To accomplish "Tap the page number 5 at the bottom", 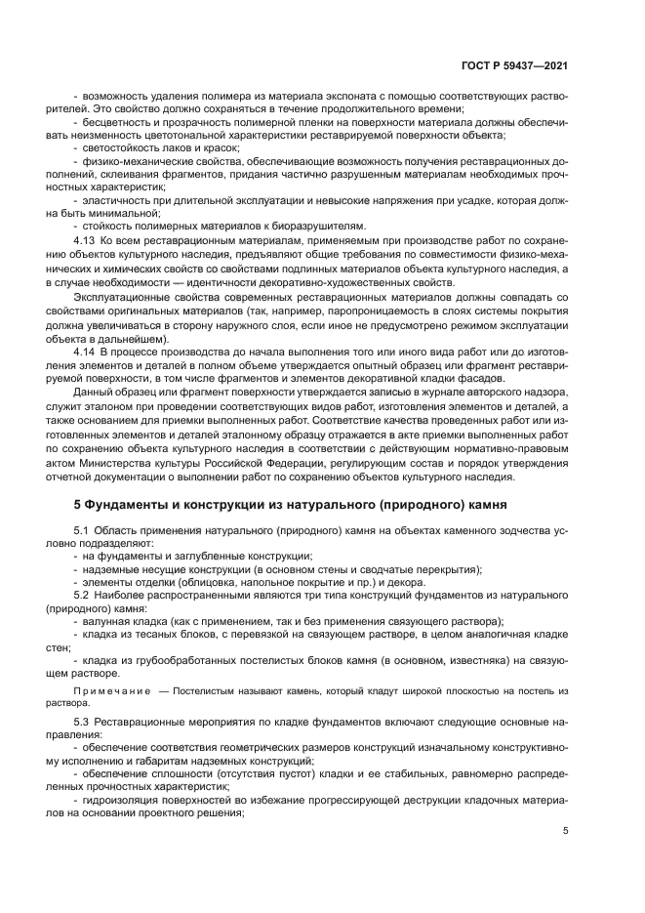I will coord(566,832).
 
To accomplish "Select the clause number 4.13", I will coord(85,239).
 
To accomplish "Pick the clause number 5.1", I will coord(82,529).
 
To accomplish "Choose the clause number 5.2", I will coord(82,595).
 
